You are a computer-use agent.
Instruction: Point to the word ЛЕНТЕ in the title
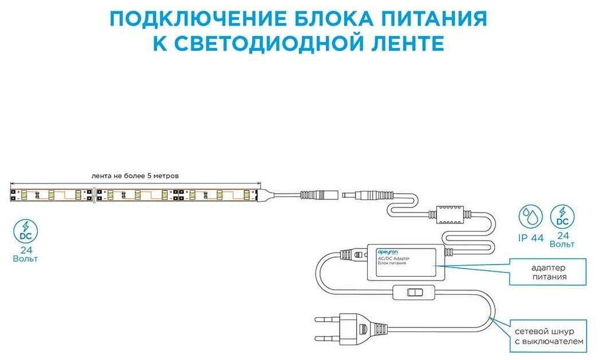406,43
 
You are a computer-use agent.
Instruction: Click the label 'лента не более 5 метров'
139,175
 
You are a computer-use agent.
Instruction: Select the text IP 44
531,239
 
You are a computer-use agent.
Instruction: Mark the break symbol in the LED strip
94,194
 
